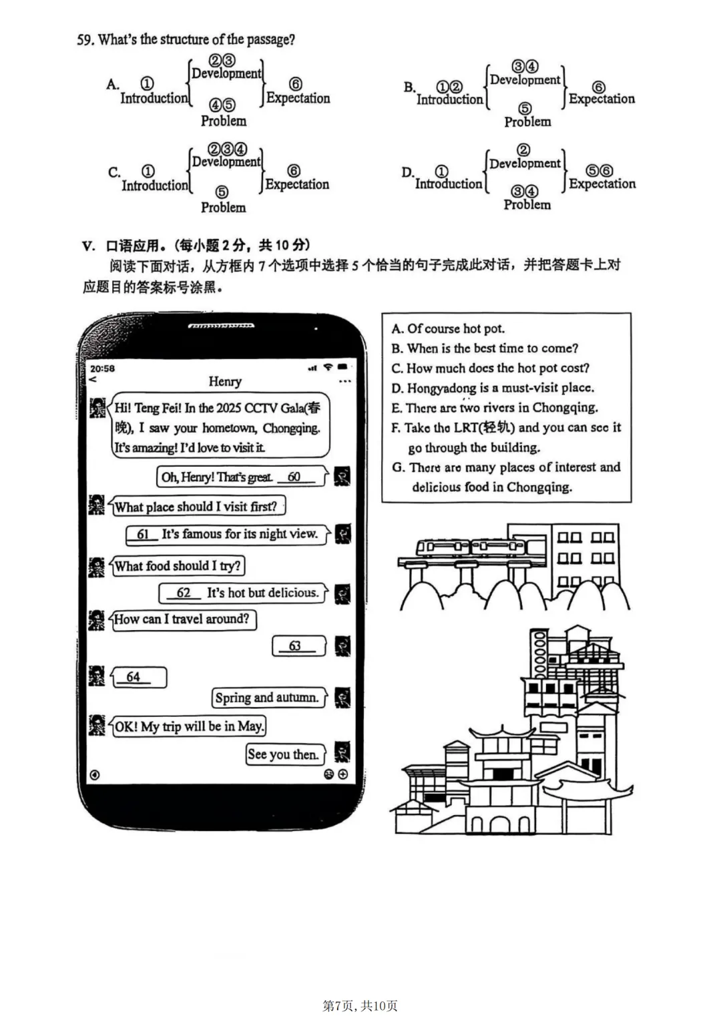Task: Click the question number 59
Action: pos(85,40)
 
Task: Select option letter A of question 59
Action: pos(112,84)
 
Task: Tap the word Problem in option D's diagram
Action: pos(527,205)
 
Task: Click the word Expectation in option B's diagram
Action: pos(602,99)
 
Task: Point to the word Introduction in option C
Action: pos(155,186)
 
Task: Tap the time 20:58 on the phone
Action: pos(102,368)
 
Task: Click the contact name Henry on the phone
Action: pos(224,382)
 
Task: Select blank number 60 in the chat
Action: pos(294,477)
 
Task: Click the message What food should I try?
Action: pos(177,566)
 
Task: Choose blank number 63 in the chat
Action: pos(295,646)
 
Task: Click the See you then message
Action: pos(282,754)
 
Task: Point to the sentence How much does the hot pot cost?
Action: pos(497,368)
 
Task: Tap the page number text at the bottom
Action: pos(360,1005)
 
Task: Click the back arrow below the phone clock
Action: pos(93,379)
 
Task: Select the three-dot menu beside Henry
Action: pos(344,382)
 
